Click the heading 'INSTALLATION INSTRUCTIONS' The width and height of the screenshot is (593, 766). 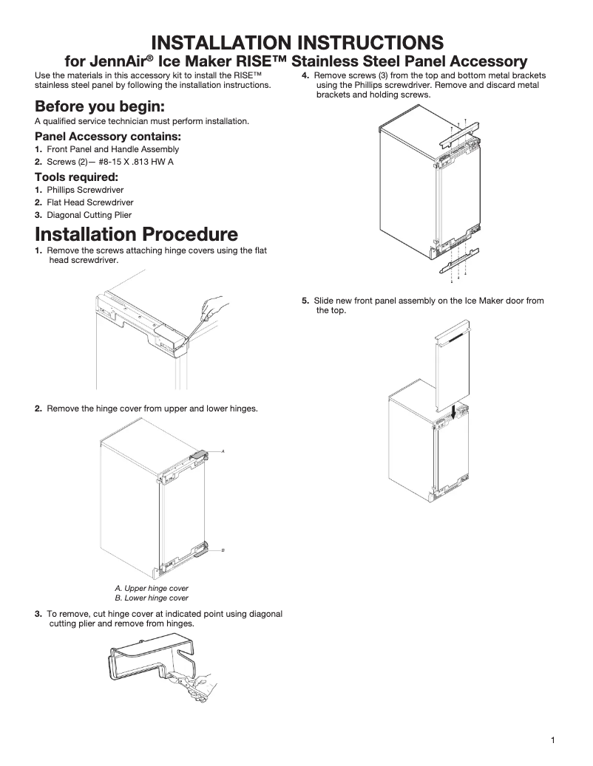click(296, 41)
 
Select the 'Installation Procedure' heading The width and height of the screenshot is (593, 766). click(136, 234)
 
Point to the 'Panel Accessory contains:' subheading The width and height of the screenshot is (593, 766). click(108, 137)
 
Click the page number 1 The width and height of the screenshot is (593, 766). click(552, 741)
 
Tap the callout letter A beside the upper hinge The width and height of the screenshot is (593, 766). click(223, 450)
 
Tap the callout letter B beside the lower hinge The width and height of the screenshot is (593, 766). click(223, 551)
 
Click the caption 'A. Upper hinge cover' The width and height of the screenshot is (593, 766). click(152, 588)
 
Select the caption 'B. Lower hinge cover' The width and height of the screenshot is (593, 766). click(152, 598)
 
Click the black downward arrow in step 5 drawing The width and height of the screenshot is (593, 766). click(454, 408)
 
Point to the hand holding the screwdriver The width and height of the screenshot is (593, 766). click(214, 304)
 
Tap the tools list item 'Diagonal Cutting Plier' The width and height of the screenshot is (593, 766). click(89, 215)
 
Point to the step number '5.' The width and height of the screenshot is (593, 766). click(305, 301)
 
